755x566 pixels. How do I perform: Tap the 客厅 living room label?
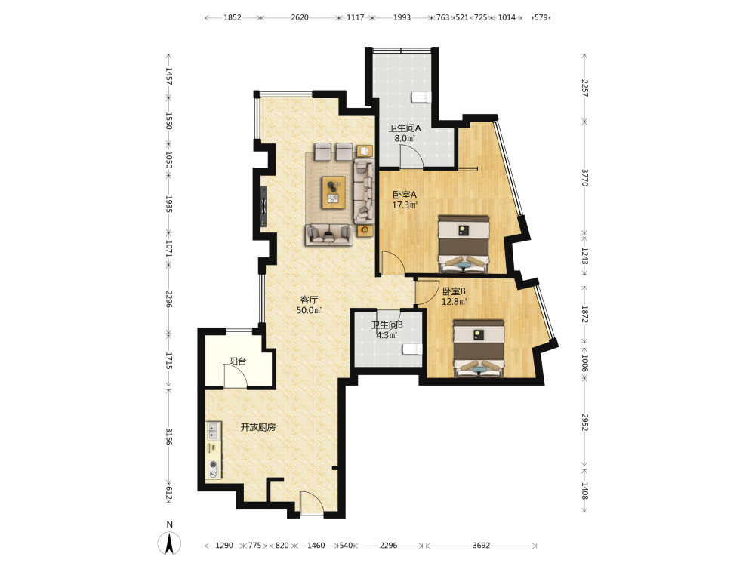coord(309,300)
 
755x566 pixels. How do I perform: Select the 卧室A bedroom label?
coord(405,195)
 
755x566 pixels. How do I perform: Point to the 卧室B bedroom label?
coord(454,291)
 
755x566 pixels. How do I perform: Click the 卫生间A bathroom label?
coord(405,128)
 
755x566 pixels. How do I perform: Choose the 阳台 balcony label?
coord(237,361)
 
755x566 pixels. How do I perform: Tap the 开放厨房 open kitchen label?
coord(258,427)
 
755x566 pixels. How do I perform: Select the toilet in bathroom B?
coord(412,349)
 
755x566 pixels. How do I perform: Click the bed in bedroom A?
coord(464,244)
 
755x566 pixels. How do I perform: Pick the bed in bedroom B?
coord(479,348)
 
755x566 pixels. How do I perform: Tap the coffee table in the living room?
coord(334,192)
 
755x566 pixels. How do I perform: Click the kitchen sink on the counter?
coord(214,431)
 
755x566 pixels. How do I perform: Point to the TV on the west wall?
coord(263,207)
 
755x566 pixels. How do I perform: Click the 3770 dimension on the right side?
coord(584,177)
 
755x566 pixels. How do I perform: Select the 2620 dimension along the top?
coord(300,17)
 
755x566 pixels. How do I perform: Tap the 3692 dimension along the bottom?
coord(481,546)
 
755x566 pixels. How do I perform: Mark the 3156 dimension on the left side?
coord(168,436)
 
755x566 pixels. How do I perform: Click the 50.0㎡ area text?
coord(309,310)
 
